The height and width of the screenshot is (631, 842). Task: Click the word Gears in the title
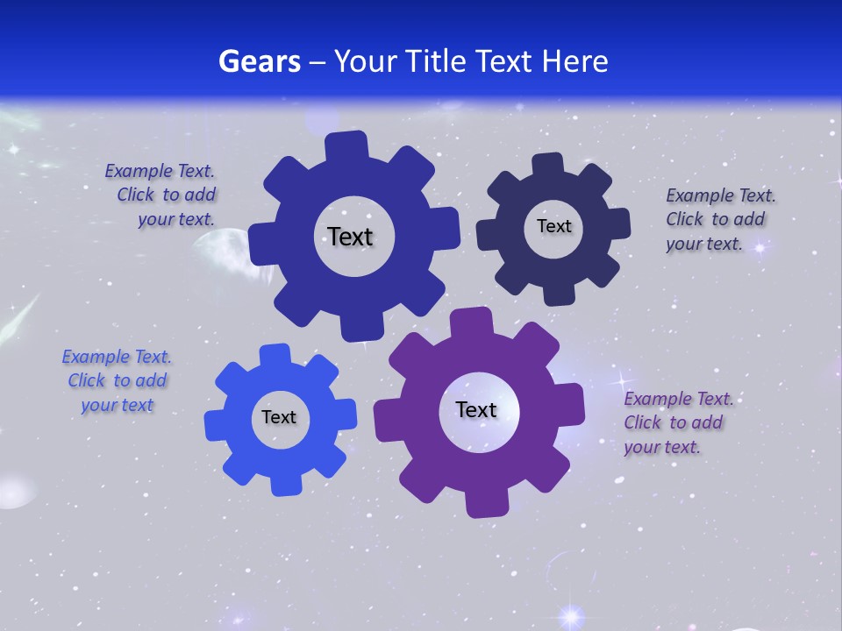[258, 61]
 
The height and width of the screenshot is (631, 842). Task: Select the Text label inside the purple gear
[476, 409]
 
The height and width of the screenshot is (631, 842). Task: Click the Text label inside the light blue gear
[279, 417]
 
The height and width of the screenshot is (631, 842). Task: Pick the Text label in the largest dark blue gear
[350, 237]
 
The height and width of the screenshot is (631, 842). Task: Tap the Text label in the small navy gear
[553, 226]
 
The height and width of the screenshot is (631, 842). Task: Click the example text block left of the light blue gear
[117, 380]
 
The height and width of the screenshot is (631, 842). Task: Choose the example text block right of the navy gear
[720, 219]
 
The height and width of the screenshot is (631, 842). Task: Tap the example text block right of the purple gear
[678, 422]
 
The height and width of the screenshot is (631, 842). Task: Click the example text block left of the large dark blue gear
[160, 195]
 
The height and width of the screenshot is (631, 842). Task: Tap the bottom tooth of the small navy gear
[558, 293]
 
